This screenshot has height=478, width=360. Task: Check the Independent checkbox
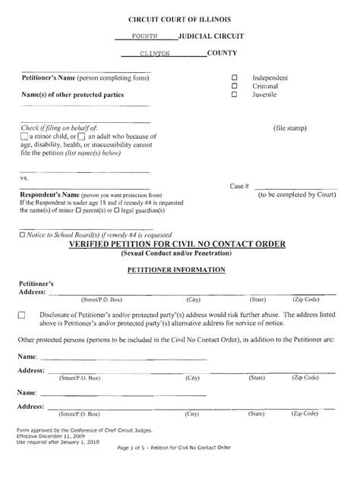pyautogui.click(x=235, y=78)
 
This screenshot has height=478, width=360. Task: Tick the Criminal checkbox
pyautogui.click(x=235, y=86)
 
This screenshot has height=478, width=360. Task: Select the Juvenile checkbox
pyautogui.click(x=235, y=95)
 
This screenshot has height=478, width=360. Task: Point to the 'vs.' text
pyautogui.click(x=24, y=178)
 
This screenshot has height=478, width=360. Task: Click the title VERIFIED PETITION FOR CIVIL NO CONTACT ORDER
pyautogui.click(x=177, y=244)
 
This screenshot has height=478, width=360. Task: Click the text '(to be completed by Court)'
pyautogui.click(x=306, y=194)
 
